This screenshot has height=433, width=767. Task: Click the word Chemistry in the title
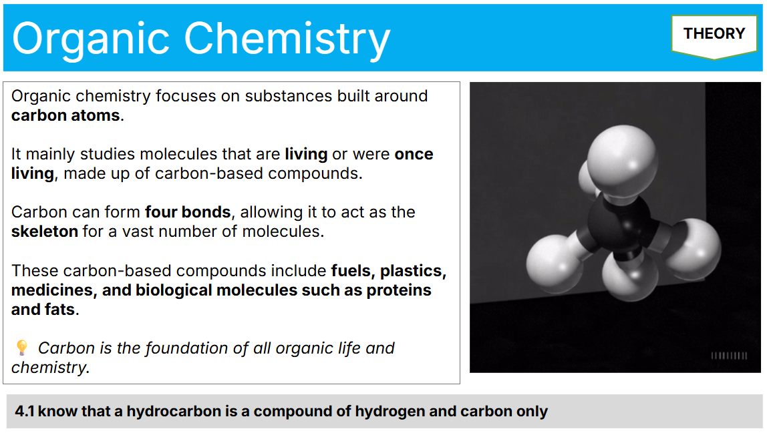coord(287,39)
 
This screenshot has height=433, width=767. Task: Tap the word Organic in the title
coord(90,39)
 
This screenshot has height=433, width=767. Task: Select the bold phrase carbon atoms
coord(65,115)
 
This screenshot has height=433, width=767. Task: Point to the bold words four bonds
coord(188,212)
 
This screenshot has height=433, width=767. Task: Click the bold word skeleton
coord(45,231)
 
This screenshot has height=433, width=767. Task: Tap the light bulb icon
coord(22,348)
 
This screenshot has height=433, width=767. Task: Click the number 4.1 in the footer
coord(24,411)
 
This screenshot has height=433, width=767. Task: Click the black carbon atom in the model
coord(619,225)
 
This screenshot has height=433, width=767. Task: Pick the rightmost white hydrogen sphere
coord(693,250)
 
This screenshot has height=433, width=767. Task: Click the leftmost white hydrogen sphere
coord(555,260)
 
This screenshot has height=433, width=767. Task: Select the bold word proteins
coord(399,290)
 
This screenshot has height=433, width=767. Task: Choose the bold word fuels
coord(353,271)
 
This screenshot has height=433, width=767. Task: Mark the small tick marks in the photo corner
coord(729,356)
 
